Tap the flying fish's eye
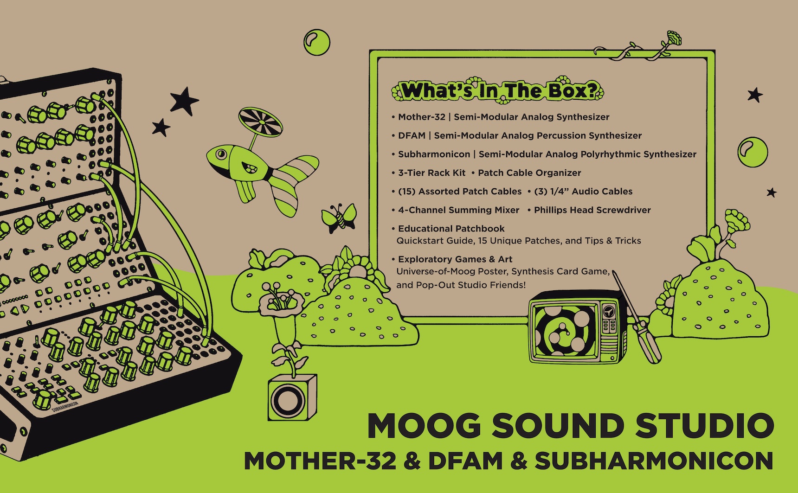pyautogui.click(x=221, y=154)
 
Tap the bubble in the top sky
pyautogui.click(x=317, y=42)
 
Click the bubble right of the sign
pyautogui.click(x=753, y=152)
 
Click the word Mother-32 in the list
pyautogui.click(x=421, y=117)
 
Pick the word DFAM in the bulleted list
pyautogui.click(x=412, y=135)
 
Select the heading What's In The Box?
pyautogui.click(x=498, y=90)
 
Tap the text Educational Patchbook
pyautogui.click(x=451, y=228)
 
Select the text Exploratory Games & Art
pyautogui.click(x=455, y=259)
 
